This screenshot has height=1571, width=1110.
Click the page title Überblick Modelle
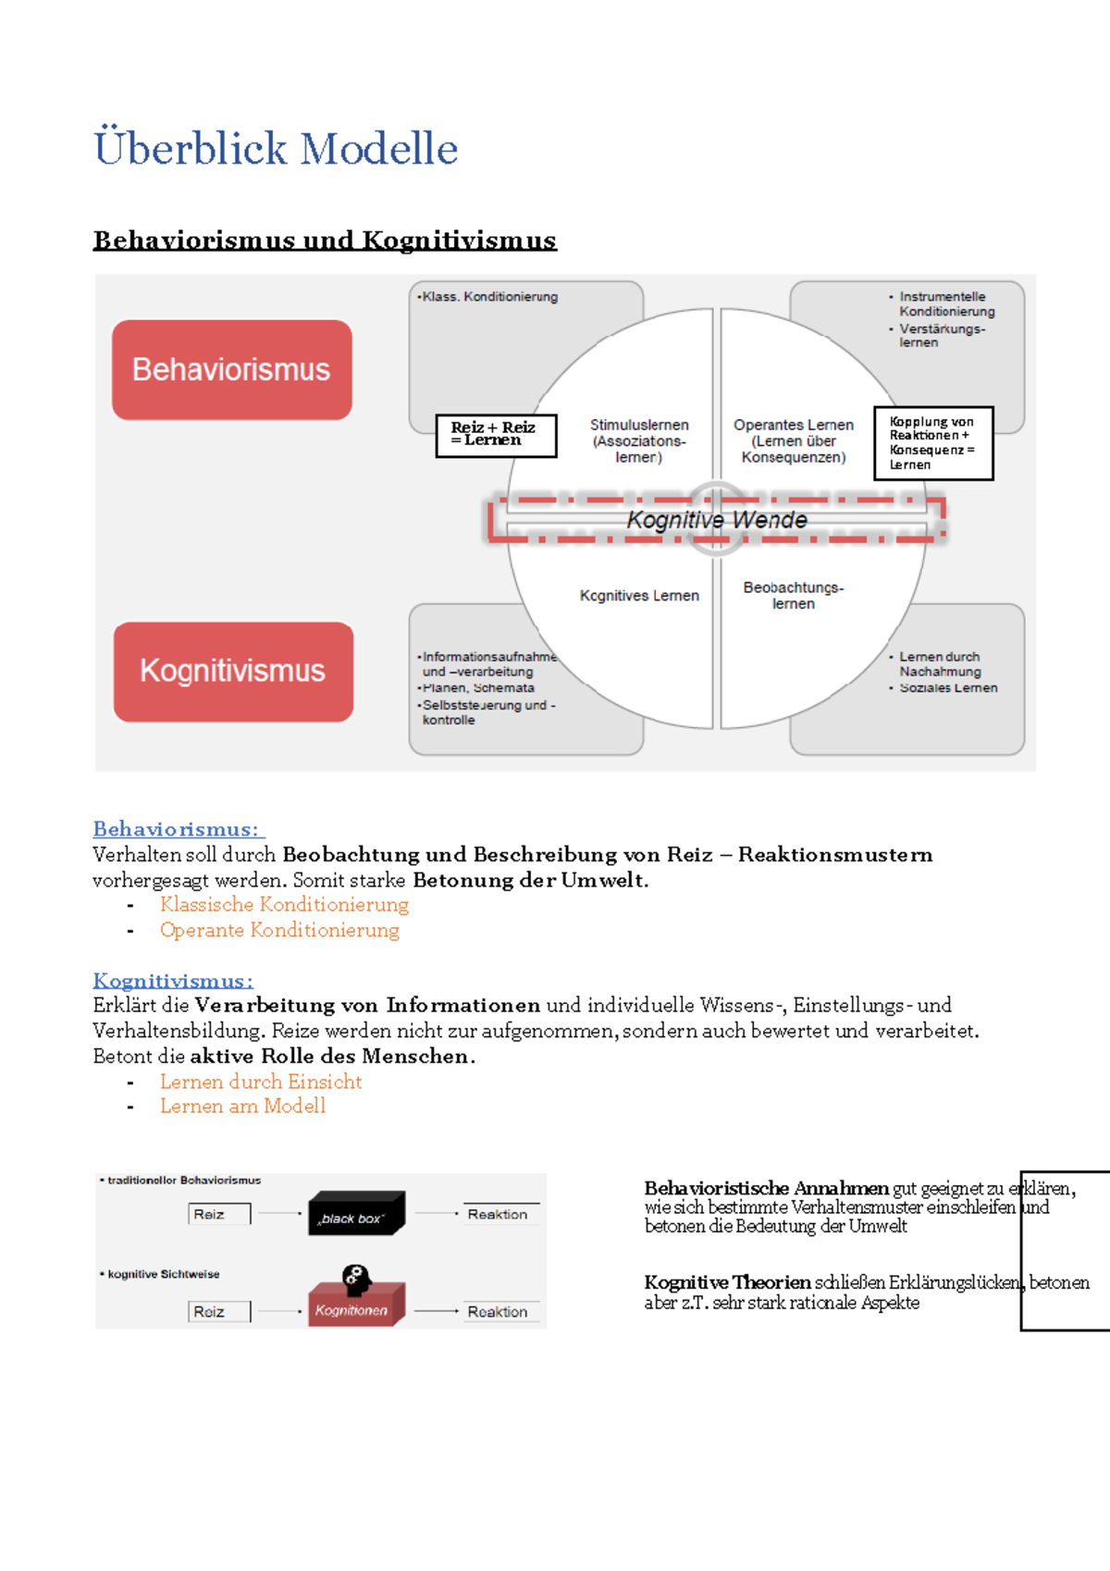pyautogui.click(x=276, y=149)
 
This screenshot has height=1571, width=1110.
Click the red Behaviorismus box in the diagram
pyautogui.click(x=231, y=370)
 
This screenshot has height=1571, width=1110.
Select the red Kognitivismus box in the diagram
pyautogui.click(x=233, y=671)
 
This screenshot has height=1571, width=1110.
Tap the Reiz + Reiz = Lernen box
pyautogui.click(x=496, y=435)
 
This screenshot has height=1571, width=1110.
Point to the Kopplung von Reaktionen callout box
pyautogui.click(x=933, y=443)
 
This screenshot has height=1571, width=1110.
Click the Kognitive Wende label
pyautogui.click(x=717, y=520)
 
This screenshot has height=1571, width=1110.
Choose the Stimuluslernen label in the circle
pyautogui.click(x=639, y=440)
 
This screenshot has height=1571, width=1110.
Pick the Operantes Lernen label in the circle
pyautogui.click(x=794, y=440)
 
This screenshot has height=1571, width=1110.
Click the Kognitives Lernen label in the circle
pyautogui.click(x=639, y=596)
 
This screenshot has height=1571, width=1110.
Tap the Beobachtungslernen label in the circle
pyautogui.click(x=794, y=595)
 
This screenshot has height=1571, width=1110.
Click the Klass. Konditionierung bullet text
pyautogui.click(x=489, y=297)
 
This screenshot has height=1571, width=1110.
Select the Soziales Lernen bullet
pyautogui.click(x=948, y=688)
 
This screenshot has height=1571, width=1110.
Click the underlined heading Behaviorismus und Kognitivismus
pyautogui.click(x=325, y=241)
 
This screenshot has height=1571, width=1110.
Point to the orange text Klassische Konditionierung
pyautogui.click(x=284, y=904)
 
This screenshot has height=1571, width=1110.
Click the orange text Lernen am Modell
pyautogui.click(x=242, y=1106)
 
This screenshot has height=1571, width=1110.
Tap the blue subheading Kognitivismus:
pyautogui.click(x=173, y=981)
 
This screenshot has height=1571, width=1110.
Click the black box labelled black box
pyautogui.click(x=355, y=1215)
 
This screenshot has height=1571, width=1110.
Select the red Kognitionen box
pyautogui.click(x=353, y=1308)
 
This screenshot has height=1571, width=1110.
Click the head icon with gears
pyautogui.click(x=356, y=1280)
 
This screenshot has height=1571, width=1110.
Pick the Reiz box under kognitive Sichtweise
pyautogui.click(x=218, y=1311)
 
